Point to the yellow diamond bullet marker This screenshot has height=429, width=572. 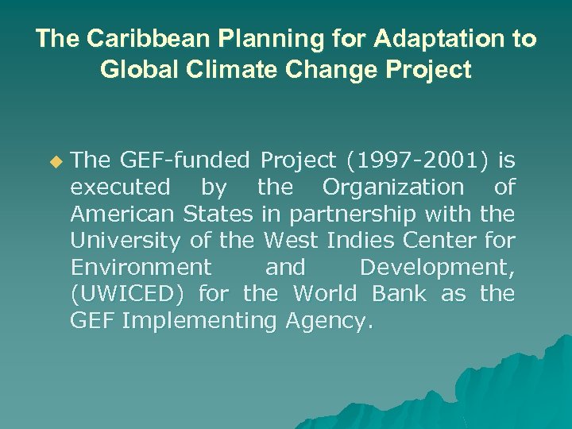pyautogui.click(x=55, y=162)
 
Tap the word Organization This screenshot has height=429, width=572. pyautogui.click(x=392, y=187)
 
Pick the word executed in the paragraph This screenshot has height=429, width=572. pyautogui.click(x=120, y=187)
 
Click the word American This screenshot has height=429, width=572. pyautogui.click(x=123, y=214)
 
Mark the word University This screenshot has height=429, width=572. pyautogui.click(x=126, y=241)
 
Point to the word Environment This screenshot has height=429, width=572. pyautogui.click(x=141, y=267)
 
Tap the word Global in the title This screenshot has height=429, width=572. pyautogui.click(x=133, y=70)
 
